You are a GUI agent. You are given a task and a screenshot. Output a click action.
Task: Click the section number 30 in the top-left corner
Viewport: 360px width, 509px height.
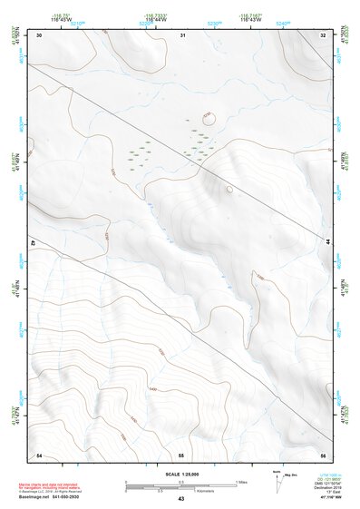(40, 34)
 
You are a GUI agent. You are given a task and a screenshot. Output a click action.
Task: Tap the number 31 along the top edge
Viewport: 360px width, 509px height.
(183, 34)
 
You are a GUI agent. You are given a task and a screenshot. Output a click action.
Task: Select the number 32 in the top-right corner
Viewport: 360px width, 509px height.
(324, 34)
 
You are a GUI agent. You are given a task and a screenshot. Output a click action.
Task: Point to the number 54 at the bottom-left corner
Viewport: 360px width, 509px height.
(39, 454)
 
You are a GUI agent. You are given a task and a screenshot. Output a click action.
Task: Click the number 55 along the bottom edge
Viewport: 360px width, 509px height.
(181, 454)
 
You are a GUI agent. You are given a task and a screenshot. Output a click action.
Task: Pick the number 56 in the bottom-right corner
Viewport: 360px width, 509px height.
(324, 454)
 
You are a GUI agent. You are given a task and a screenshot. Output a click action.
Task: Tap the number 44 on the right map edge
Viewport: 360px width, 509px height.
(326, 240)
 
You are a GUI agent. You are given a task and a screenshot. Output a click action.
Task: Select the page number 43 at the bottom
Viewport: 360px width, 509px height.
(181, 499)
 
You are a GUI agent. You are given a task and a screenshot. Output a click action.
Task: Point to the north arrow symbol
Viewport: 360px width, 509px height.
(277, 478)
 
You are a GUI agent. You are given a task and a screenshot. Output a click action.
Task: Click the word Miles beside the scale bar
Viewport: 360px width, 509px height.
(242, 481)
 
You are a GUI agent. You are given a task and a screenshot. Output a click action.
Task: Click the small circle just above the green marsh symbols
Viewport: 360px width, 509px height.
(208, 117)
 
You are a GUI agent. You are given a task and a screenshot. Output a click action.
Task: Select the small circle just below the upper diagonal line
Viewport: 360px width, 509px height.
(229, 190)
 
